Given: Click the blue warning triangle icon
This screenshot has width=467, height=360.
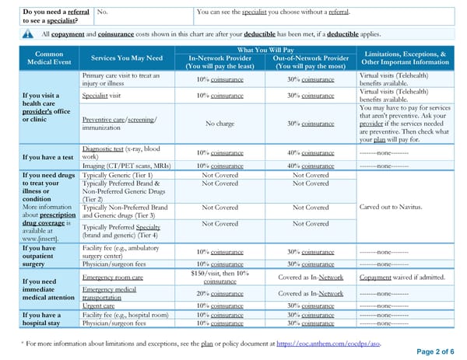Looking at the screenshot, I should pyautogui.click(x=28, y=33).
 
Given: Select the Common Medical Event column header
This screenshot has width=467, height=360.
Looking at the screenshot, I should pyautogui.click(x=49, y=58).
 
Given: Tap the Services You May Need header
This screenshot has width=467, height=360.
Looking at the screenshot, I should pyautogui.click(x=127, y=58).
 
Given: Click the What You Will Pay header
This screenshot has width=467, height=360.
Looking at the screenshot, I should pyautogui.click(x=267, y=49).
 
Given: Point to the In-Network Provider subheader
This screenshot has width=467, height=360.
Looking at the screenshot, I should pyautogui.click(x=222, y=62).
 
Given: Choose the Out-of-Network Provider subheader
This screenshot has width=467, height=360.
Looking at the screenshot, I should pyautogui.click(x=311, y=62).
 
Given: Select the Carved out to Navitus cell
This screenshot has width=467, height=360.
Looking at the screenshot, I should pyautogui.click(x=391, y=207).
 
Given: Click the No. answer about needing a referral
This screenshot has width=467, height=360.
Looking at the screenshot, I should pyautogui.click(x=103, y=12).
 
